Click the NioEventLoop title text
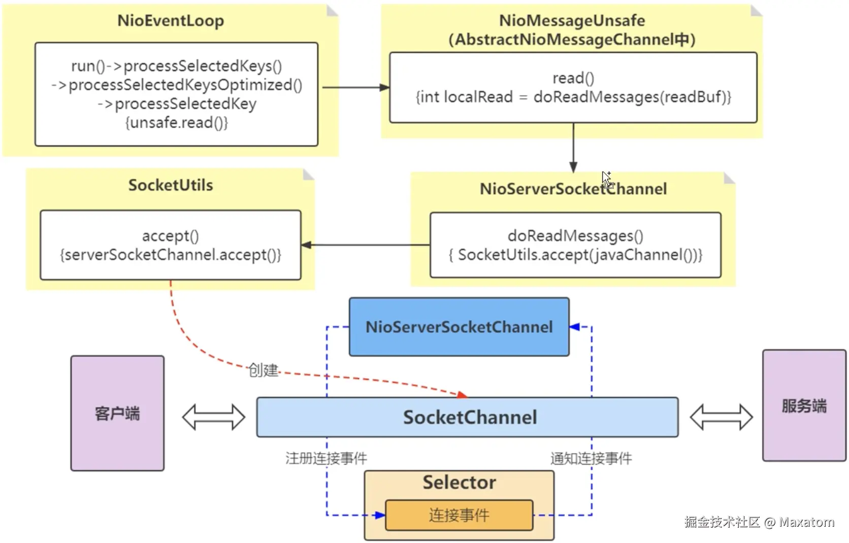point(171,21)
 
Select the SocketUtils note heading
point(171,185)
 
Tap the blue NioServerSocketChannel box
point(459,327)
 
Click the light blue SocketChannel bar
point(467,417)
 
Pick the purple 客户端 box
point(117,413)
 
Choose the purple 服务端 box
point(804,405)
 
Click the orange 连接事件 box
point(459,515)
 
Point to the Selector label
point(459,482)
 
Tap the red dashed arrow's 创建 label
point(263,370)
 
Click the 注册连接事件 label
point(326,458)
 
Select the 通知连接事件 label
point(591,458)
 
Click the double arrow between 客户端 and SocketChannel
point(214,417)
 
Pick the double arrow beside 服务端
point(721,417)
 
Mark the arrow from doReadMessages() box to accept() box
point(366,245)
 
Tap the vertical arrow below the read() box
point(573,147)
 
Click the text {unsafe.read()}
point(177,123)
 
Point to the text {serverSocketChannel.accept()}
point(171,254)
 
